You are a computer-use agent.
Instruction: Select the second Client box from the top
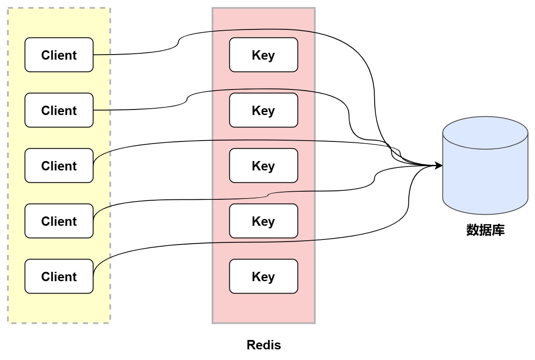(x=59, y=110)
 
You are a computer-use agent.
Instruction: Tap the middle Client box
(x=59, y=166)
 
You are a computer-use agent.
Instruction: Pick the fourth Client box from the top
(x=59, y=221)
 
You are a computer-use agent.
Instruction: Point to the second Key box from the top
(x=263, y=110)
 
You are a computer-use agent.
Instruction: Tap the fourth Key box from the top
(x=263, y=221)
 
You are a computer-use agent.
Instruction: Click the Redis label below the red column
(x=264, y=345)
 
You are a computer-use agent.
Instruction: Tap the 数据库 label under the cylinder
(x=485, y=230)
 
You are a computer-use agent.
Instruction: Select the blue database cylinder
(x=485, y=179)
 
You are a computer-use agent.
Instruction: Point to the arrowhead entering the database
(x=439, y=166)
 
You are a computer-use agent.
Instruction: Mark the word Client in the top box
(x=59, y=55)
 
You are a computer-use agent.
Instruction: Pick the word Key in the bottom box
(x=263, y=276)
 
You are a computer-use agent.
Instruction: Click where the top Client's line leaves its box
(x=93, y=55)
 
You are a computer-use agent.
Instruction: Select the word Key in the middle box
(x=263, y=166)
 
